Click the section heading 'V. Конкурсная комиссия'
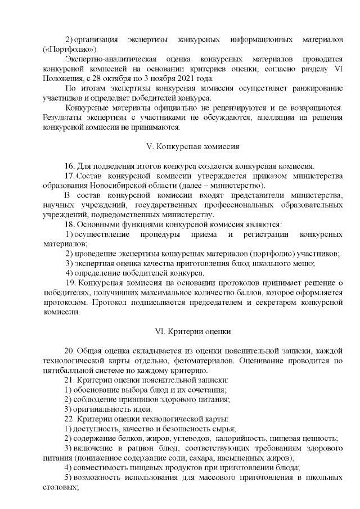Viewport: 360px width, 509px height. (x=192, y=147)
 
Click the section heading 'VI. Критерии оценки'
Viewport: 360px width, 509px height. (x=192, y=332)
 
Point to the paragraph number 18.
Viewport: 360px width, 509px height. (x=70, y=225)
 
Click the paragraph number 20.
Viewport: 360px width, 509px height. (x=70, y=351)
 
